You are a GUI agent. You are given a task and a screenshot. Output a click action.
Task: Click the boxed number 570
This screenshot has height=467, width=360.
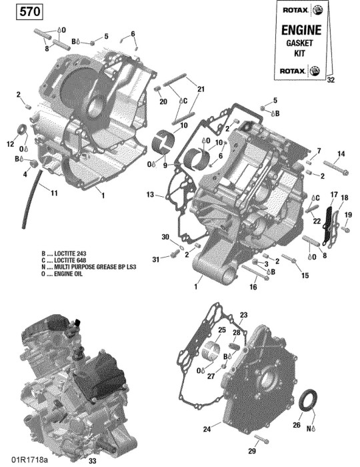[29, 12]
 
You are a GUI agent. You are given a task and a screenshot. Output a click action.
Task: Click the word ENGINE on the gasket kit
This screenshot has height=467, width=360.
[301, 30]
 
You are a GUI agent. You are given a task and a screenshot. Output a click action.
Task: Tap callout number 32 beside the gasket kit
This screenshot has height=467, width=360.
[331, 80]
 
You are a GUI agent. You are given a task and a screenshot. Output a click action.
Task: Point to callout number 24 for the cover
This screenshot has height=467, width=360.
[207, 429]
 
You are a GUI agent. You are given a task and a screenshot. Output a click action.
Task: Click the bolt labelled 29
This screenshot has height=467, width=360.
[261, 439]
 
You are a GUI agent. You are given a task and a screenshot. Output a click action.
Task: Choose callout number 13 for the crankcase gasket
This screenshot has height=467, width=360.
[150, 195]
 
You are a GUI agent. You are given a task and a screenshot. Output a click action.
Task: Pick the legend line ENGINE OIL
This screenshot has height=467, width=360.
[62, 274]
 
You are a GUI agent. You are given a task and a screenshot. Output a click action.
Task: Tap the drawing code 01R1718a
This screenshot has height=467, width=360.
[29, 460]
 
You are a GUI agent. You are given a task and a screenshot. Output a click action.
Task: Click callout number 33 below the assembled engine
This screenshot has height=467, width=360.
[93, 461]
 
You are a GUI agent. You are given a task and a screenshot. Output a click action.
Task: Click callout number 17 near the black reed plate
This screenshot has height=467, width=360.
[334, 195]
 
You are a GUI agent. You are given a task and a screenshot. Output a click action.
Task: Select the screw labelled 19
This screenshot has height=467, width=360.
[345, 229]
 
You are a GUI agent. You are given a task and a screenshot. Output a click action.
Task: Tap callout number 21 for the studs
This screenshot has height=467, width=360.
[201, 89]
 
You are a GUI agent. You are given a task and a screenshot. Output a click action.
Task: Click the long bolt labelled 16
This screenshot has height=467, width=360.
[255, 272]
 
